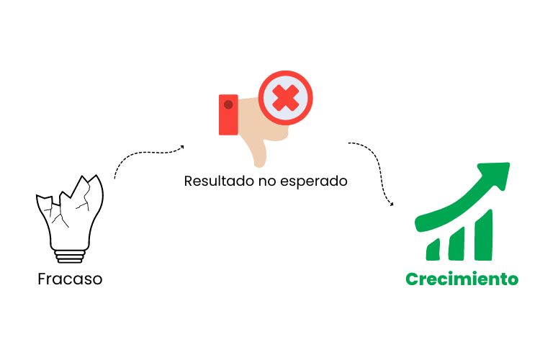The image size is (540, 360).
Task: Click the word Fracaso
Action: click(70, 279)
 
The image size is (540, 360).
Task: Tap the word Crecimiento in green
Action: click(462, 279)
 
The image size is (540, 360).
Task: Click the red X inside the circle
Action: click(286, 97)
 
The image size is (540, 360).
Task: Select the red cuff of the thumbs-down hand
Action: click(228, 114)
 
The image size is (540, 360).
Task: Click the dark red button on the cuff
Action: click(228, 104)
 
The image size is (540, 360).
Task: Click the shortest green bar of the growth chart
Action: click(433, 249)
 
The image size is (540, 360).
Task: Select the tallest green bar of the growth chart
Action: click(483, 234)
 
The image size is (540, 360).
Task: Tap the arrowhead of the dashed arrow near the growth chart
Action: click(392, 204)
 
